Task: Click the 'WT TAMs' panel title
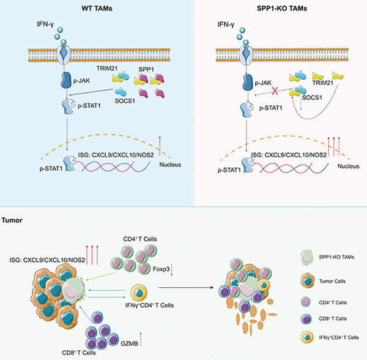pyautogui.click(x=97, y=9)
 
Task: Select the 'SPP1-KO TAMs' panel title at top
pyautogui.click(x=282, y=9)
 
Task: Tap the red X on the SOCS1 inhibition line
pyautogui.click(x=275, y=91)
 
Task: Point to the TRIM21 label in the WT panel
pyautogui.click(x=107, y=69)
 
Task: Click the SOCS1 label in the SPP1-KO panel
pyautogui.click(x=312, y=98)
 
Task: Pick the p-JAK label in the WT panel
pyautogui.click(x=81, y=81)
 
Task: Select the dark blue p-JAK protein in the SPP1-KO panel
pyautogui.click(x=248, y=83)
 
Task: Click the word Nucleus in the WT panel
pyautogui.click(x=170, y=165)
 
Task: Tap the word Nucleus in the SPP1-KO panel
pyautogui.click(x=348, y=167)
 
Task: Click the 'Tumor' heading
pyautogui.click(x=12, y=220)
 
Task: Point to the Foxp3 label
pyautogui.click(x=161, y=269)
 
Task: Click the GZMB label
pyautogui.click(x=130, y=343)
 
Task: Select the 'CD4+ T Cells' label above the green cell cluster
pyautogui.click(x=140, y=239)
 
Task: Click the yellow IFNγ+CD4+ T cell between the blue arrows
pyautogui.click(x=139, y=293)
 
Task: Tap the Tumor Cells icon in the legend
pyautogui.click(x=307, y=280)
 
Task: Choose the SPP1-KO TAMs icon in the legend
pyautogui.click(x=307, y=257)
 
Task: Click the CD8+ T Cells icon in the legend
pyautogui.click(x=306, y=319)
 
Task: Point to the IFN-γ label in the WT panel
pyautogui.click(x=45, y=24)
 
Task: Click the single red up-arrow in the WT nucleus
pyautogui.click(x=160, y=146)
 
